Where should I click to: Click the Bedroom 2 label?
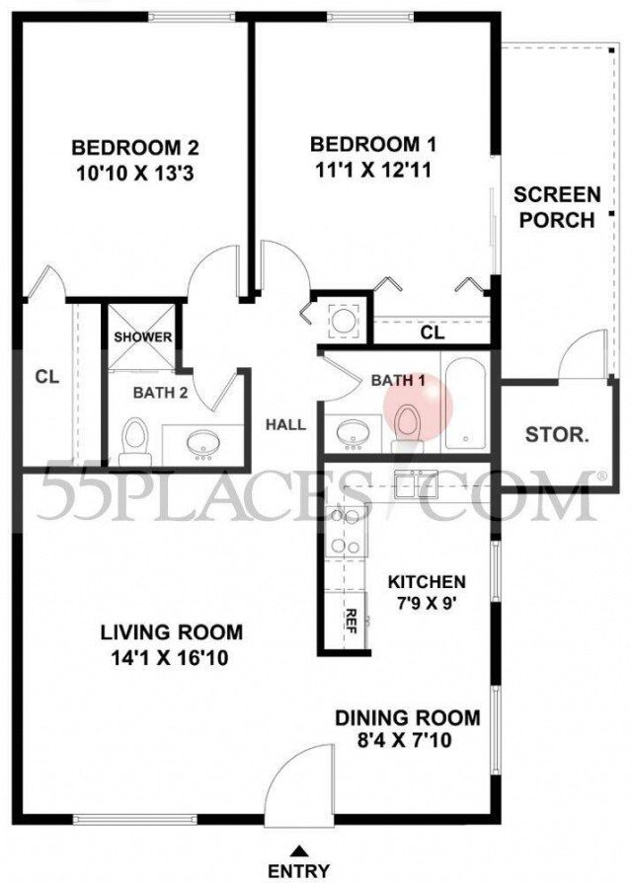(x=135, y=148)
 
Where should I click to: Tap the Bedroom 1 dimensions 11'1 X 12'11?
(x=371, y=170)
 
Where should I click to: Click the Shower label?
(x=142, y=337)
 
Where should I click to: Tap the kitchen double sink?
(x=418, y=482)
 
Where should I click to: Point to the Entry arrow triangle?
(x=300, y=849)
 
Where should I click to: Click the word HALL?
(x=285, y=425)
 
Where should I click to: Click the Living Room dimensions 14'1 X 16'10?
(x=174, y=657)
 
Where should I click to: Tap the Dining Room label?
(x=407, y=718)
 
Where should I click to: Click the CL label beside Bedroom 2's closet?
(x=46, y=376)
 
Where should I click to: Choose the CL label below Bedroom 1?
(x=432, y=333)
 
